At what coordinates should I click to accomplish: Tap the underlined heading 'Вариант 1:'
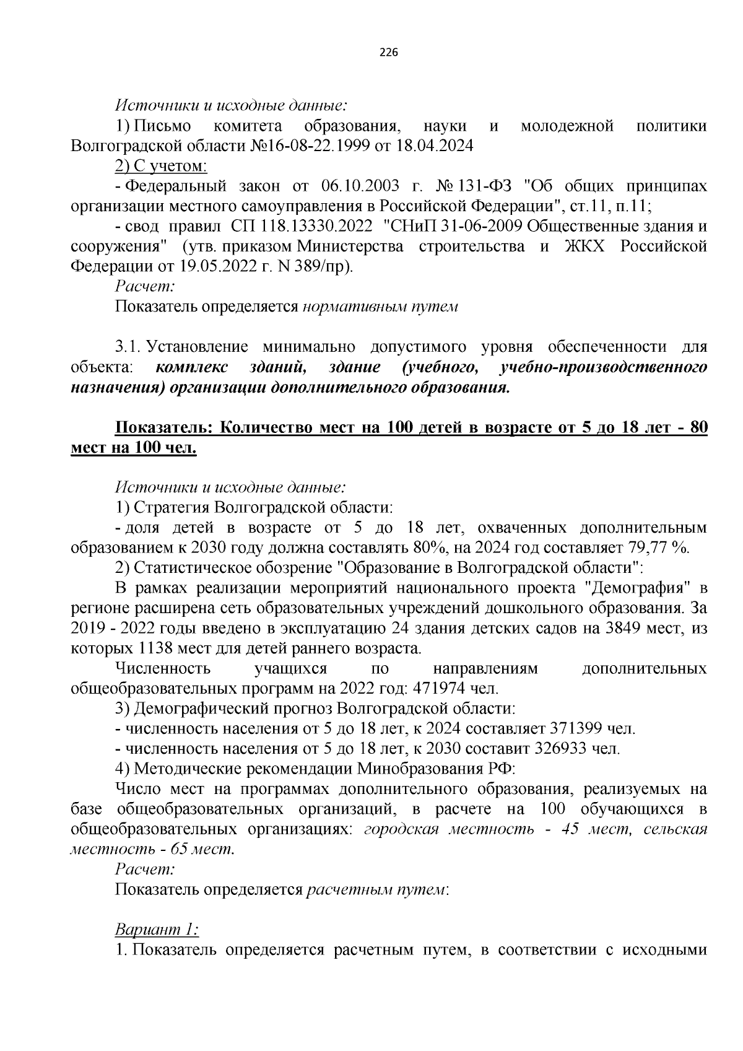pyautogui.click(x=157, y=930)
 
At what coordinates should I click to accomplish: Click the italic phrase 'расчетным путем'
pyautogui.click(x=376, y=890)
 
